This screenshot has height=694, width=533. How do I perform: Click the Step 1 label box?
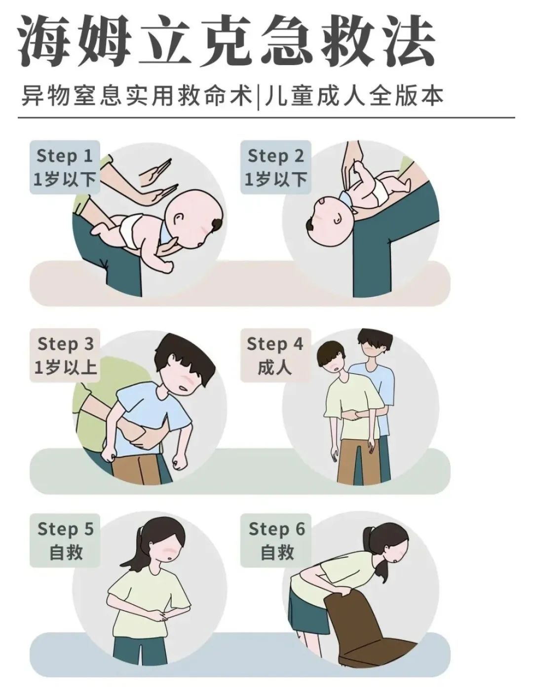(x=65, y=167)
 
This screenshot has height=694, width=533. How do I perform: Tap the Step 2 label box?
(x=275, y=167)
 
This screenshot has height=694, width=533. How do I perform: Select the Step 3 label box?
(x=65, y=355)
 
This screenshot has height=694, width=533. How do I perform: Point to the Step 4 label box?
(x=275, y=355)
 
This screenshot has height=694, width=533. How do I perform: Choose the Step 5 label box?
(x=65, y=540)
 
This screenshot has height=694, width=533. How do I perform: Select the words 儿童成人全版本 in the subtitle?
(x=354, y=95)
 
